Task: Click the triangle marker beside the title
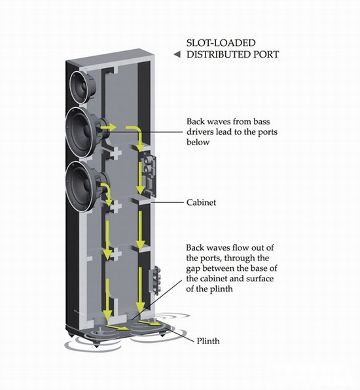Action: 177,54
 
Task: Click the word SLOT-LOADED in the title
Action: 221,43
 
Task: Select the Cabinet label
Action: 201,202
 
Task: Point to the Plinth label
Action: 208,341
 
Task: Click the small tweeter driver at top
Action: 82,87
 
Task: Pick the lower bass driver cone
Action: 83,186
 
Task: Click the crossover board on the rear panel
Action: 149,173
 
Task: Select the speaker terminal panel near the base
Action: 154,280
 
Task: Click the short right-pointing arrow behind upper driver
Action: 108,128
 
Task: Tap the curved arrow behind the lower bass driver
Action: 107,194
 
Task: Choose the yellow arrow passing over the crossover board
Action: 141,177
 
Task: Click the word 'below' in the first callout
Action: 198,142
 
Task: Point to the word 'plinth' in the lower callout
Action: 221,289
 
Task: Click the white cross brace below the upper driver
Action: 116,152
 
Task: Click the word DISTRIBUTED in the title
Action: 219,54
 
